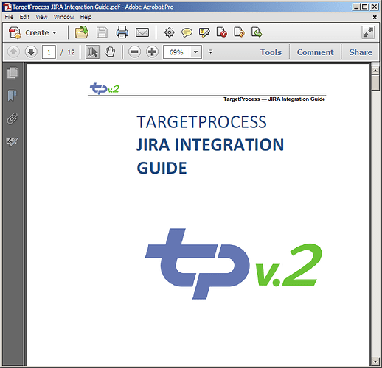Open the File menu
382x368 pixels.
pyautogui.click(x=9, y=17)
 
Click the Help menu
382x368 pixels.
pyautogui.click(x=86, y=17)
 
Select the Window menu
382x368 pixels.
pyautogui.click(x=64, y=17)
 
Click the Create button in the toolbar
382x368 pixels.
pyautogui.click(x=32, y=32)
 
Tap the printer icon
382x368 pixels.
pyautogui.click(x=122, y=32)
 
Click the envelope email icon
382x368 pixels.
pyautogui.click(x=142, y=32)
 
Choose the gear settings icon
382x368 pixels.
pyautogui.click(x=170, y=32)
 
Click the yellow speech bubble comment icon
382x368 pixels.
pyautogui.click(x=187, y=32)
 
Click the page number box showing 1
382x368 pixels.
pyautogui.click(x=49, y=52)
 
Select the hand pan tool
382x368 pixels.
pyautogui.click(x=110, y=52)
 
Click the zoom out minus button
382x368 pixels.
pyautogui.click(x=135, y=52)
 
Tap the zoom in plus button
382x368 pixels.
pyautogui.click(x=152, y=52)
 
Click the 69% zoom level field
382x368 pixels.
pyautogui.click(x=176, y=52)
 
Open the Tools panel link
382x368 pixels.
pyautogui.click(x=271, y=52)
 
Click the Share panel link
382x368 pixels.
pyautogui.click(x=361, y=52)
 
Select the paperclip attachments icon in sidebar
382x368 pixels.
pyautogui.click(x=13, y=118)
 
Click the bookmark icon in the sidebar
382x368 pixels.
pyautogui.click(x=12, y=95)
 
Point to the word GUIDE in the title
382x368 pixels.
pyautogui.click(x=162, y=168)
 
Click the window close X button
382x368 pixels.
pyautogui.click(x=375, y=7)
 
